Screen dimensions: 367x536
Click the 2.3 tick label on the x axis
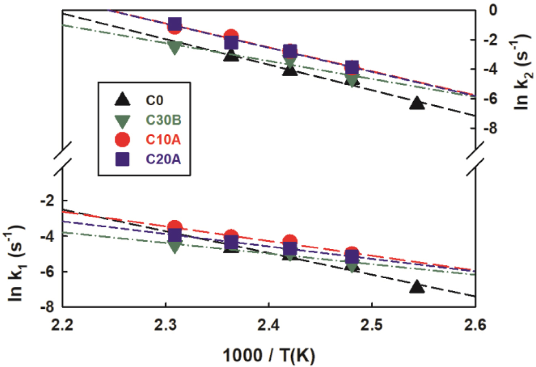(165, 325)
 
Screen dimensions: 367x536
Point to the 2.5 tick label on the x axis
(372, 325)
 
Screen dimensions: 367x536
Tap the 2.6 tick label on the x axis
(475, 325)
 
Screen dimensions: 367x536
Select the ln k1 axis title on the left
(16, 260)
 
